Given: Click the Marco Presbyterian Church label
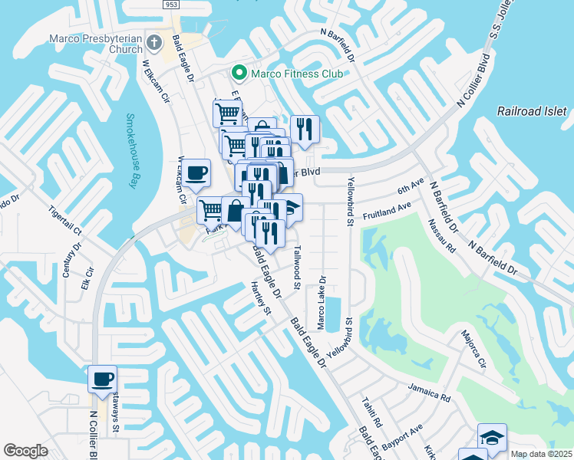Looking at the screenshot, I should click(x=96, y=44).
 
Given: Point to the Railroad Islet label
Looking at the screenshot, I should click(x=532, y=111).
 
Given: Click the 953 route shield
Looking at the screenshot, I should click(x=173, y=5).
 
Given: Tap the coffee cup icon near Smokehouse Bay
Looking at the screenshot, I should click(x=197, y=172).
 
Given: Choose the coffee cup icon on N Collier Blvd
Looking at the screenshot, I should click(x=102, y=378).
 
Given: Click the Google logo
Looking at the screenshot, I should click(x=25, y=451).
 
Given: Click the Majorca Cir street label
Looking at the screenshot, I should click(x=473, y=349).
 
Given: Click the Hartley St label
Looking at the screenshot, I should click(x=262, y=297).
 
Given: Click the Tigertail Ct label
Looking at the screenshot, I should click(x=64, y=220).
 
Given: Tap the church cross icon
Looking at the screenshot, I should click(x=154, y=43).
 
